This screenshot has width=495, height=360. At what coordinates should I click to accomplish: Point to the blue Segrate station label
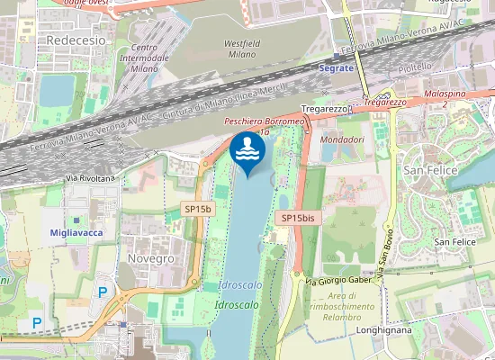coord(336,68)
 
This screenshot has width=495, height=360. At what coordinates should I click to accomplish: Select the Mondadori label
coord(343,140)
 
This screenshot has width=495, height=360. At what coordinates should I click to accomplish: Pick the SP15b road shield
coord(198,209)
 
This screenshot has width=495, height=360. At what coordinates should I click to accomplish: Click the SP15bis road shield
coord(297,218)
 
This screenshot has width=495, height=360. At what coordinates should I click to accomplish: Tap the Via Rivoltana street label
coord(91,178)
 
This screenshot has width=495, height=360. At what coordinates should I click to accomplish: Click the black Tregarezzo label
coord(323,109)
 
